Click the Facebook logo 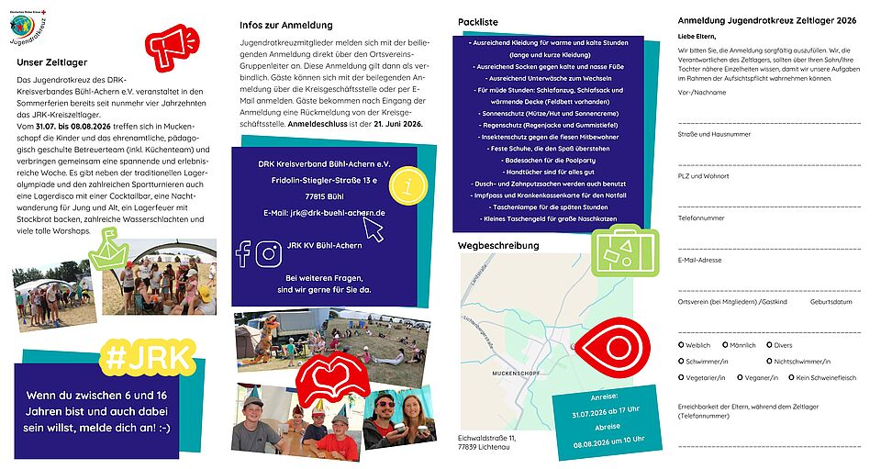tap(243, 253)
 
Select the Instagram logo tap(268, 253)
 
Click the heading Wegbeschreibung tap(498, 245)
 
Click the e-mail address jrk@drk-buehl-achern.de tap(323, 213)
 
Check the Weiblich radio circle tap(681, 344)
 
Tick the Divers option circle tap(769, 344)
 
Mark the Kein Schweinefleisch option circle tap(789, 377)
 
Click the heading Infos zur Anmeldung tap(285, 25)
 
